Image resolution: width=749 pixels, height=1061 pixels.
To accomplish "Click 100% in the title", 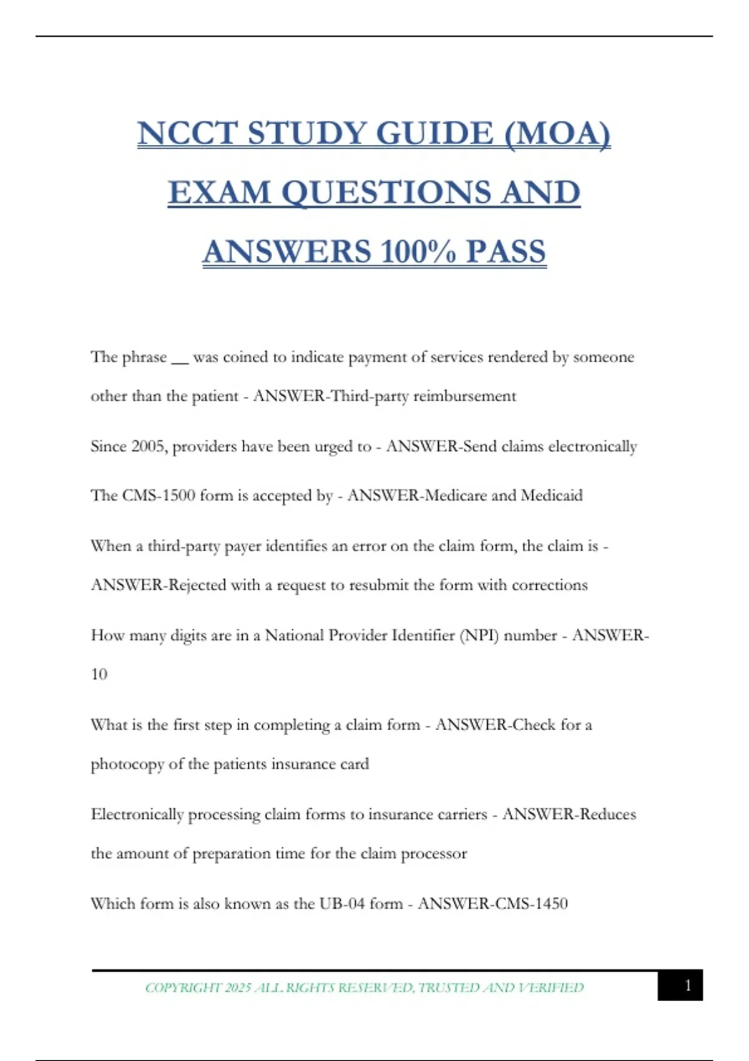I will coord(418,252).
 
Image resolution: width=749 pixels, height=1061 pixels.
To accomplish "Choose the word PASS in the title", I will coord(506,252).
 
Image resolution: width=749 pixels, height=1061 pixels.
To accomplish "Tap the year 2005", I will coord(147,446).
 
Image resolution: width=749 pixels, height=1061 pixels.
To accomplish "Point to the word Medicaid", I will coord(551,496).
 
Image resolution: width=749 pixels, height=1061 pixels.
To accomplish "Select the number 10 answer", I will coord(99,675).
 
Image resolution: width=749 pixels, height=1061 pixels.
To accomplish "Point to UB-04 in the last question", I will coord(342,904).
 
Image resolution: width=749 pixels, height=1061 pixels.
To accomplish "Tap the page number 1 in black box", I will coord(687,985).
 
